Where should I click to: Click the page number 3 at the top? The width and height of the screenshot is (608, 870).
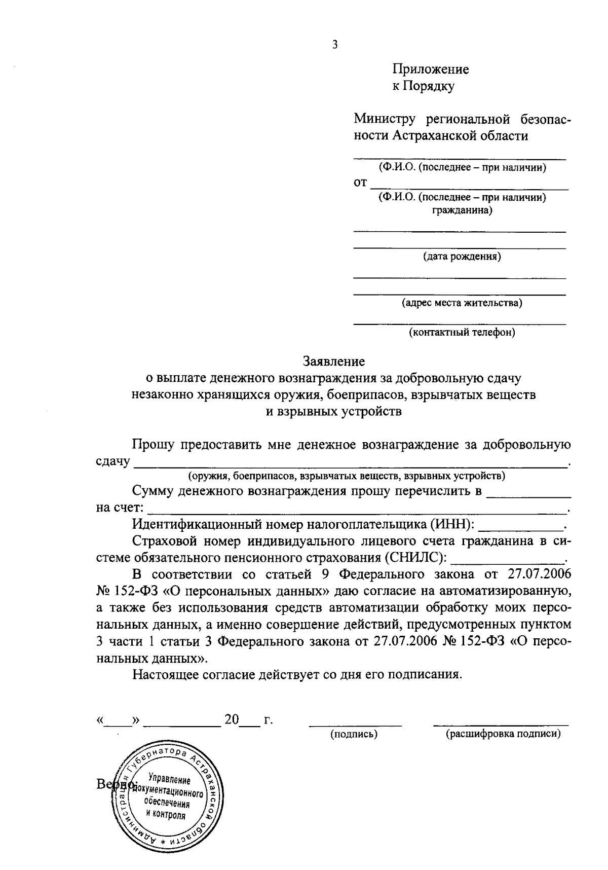pos(334,45)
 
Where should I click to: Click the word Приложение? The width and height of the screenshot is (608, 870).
pos(431,69)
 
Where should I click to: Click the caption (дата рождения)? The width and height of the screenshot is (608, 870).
pos(462,257)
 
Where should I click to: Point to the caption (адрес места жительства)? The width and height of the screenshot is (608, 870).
pos(462,303)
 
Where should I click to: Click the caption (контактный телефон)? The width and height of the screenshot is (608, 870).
pos(462,333)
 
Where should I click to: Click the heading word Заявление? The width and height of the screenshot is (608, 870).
pos(334,361)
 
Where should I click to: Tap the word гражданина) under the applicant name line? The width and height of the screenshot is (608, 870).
pos(462,209)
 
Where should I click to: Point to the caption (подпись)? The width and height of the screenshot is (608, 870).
pos(354,734)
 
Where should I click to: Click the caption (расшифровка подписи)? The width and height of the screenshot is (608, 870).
pos(503,734)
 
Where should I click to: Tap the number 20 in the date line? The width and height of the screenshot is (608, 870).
pos(232,719)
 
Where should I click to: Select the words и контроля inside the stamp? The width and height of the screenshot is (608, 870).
pos(166,815)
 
